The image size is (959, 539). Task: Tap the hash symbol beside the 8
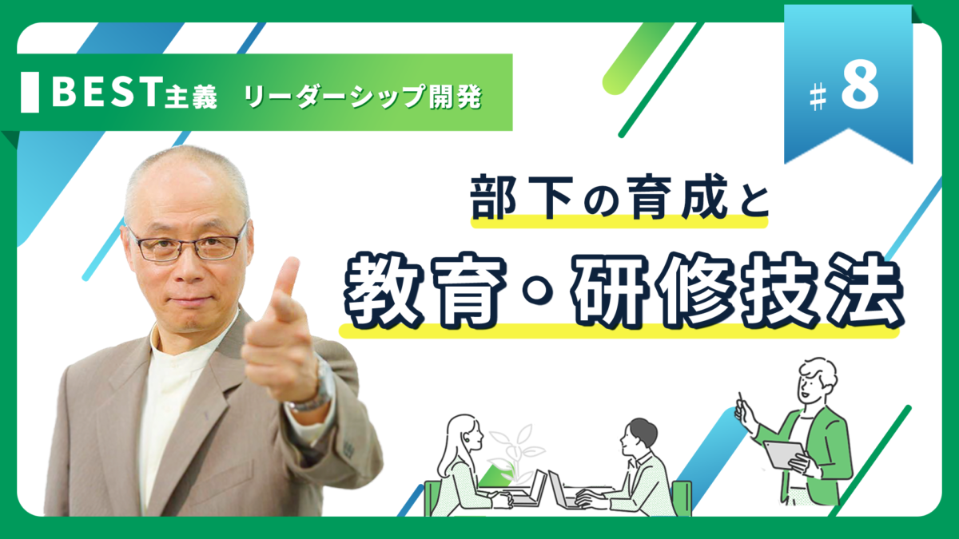[x=818, y=98]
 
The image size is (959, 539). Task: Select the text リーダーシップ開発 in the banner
[x=364, y=97]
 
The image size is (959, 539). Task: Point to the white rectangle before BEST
[x=30, y=93]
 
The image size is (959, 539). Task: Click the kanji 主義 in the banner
[x=191, y=96]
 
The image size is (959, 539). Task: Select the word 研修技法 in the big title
[x=736, y=291]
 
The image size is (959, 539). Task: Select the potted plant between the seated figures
[x=517, y=454]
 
